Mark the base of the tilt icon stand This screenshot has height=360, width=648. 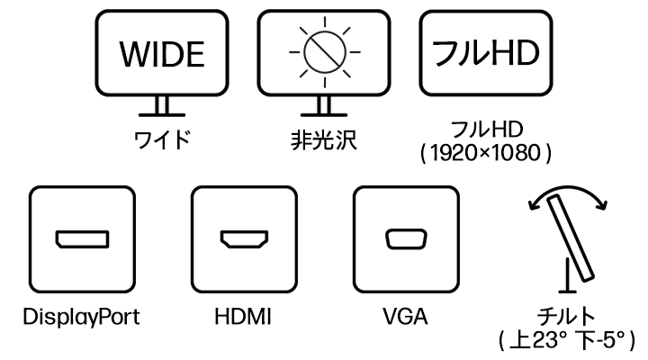coord(566,289)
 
